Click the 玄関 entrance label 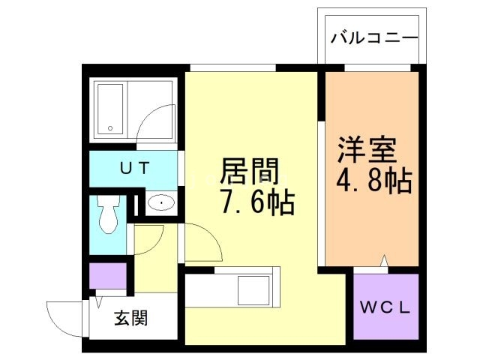(130, 318)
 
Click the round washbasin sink (160, 203)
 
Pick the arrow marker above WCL (384, 261)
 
